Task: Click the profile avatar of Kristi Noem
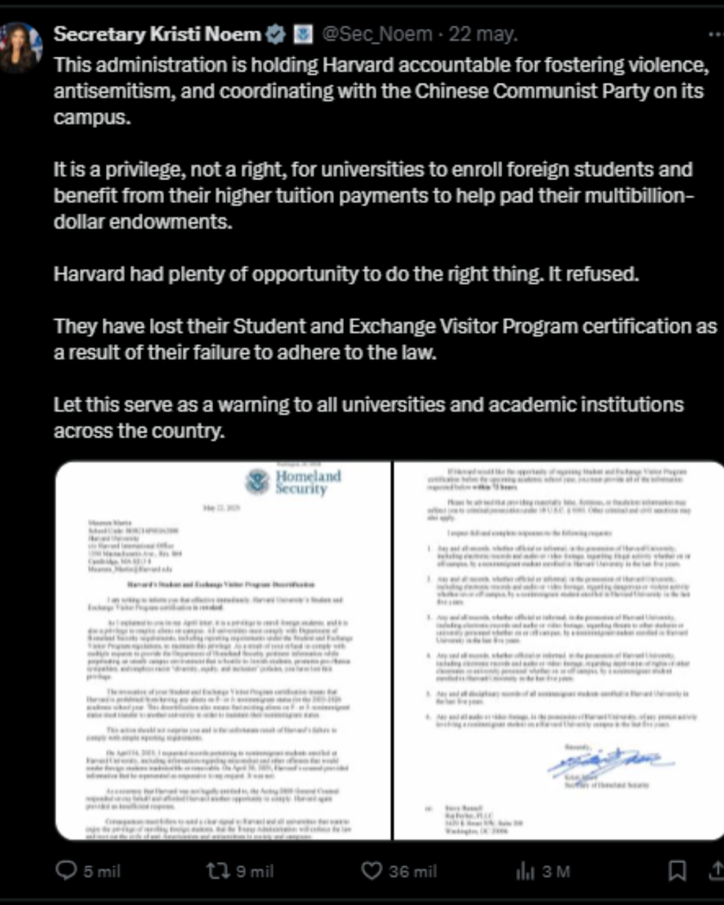coord(20,46)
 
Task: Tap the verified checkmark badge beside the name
coord(276,35)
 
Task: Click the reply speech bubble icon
coord(66,871)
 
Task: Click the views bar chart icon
coord(525,871)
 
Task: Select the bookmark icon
coord(677,871)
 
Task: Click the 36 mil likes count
coord(412,871)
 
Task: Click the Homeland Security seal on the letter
coord(257,483)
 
